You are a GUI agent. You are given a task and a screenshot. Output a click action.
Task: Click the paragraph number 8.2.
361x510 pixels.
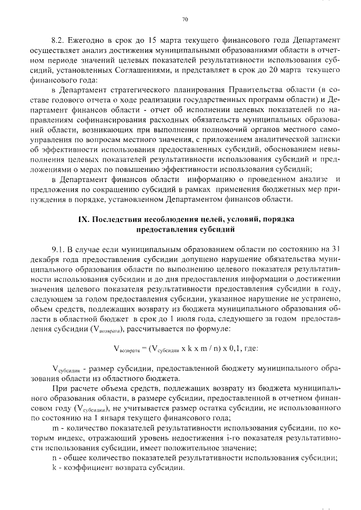pos(58,41)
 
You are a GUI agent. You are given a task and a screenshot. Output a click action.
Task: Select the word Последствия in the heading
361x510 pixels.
pos(117,219)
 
